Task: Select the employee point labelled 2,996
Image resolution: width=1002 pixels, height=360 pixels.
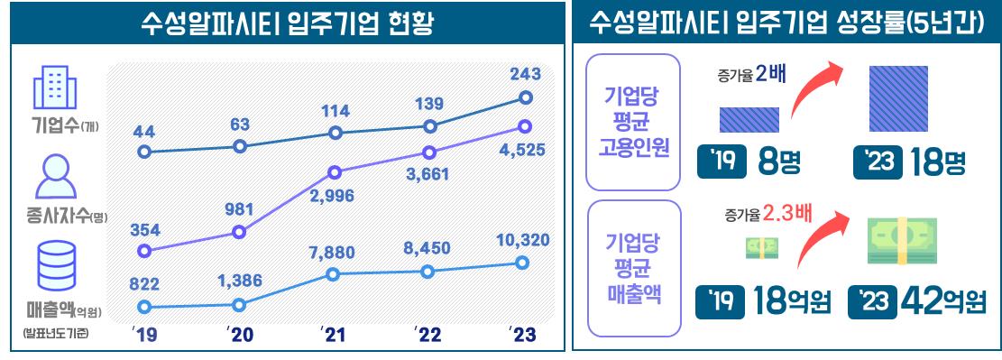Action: (x=336, y=171)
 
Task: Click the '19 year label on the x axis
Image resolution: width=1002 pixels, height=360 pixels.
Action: (x=143, y=335)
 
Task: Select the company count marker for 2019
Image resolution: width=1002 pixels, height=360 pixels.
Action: (x=143, y=152)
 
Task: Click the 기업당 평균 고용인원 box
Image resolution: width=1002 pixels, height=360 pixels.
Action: (x=633, y=123)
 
